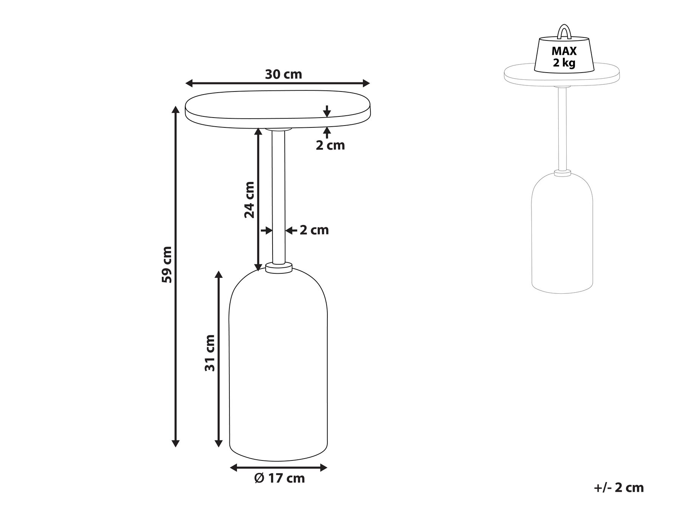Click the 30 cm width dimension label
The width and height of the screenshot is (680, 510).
pos(283,74)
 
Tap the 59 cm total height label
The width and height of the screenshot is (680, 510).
pos(167,264)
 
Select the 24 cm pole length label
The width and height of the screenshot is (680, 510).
pos(249,200)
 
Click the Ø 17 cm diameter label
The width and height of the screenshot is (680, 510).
pos(279,478)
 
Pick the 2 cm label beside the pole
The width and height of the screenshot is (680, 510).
pos(314,230)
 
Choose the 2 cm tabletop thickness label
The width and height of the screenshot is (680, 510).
pos(330,145)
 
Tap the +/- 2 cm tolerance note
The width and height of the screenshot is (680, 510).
pos(618,488)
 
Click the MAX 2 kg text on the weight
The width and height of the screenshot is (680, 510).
pos(564,57)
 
